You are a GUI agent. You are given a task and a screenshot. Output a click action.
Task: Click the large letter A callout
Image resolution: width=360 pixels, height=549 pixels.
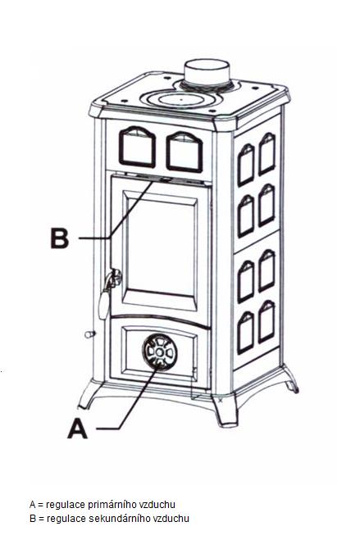tap(77, 429)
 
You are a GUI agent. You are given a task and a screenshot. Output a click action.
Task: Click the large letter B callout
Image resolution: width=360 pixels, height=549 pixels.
tap(60, 238)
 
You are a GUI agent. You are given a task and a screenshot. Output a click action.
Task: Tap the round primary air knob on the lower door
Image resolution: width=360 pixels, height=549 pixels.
tap(159, 352)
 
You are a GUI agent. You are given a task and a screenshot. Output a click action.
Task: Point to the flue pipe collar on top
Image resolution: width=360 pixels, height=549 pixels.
tap(207, 75)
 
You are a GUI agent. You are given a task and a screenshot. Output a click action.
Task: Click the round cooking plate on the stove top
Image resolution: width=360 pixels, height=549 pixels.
tap(180, 99)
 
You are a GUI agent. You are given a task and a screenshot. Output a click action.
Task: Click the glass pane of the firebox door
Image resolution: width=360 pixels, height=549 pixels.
tap(161, 247)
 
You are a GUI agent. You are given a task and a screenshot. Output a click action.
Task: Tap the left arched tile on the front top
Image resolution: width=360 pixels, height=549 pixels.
tap(137, 147)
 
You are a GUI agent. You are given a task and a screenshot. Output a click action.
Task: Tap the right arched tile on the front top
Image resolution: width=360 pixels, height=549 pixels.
tap(185, 152)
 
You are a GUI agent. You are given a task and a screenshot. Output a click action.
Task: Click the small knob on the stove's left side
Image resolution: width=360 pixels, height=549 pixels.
tap(89, 334)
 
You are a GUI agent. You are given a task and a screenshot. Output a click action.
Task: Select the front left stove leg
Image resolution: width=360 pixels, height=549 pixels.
tap(89, 394)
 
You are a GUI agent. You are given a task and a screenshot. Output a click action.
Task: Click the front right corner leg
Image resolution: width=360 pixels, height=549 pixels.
tap(225, 410)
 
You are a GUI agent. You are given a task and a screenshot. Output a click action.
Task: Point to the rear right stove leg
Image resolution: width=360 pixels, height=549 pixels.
tap(290, 379)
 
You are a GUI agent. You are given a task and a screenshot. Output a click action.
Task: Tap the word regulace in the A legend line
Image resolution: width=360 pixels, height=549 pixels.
tap(66, 505)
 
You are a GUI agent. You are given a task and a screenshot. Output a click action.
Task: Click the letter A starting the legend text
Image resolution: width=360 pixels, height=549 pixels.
tap(33, 505)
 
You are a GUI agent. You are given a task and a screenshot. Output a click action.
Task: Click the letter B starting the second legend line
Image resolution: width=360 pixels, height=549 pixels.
tap(33, 518)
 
